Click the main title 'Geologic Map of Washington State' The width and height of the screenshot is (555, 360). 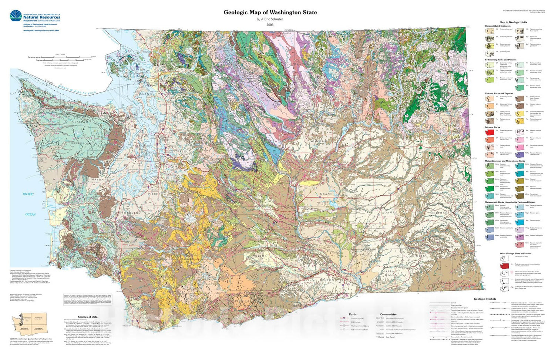270,12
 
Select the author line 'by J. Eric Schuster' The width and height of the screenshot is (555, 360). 270,19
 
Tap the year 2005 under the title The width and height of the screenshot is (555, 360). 270,25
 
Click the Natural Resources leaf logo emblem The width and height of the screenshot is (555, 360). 16,16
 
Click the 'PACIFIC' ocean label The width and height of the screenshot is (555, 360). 28,194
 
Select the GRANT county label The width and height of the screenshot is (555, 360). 326,194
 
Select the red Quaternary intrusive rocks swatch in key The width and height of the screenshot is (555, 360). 490,132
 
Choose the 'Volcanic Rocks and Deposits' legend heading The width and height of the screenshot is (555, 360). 499,94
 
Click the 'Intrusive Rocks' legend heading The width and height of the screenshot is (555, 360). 492,127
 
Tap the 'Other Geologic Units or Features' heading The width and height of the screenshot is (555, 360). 514,253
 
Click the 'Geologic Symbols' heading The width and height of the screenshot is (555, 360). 485,299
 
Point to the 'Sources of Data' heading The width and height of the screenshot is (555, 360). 88,317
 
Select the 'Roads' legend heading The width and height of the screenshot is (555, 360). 353,314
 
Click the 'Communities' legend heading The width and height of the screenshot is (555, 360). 388,314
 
